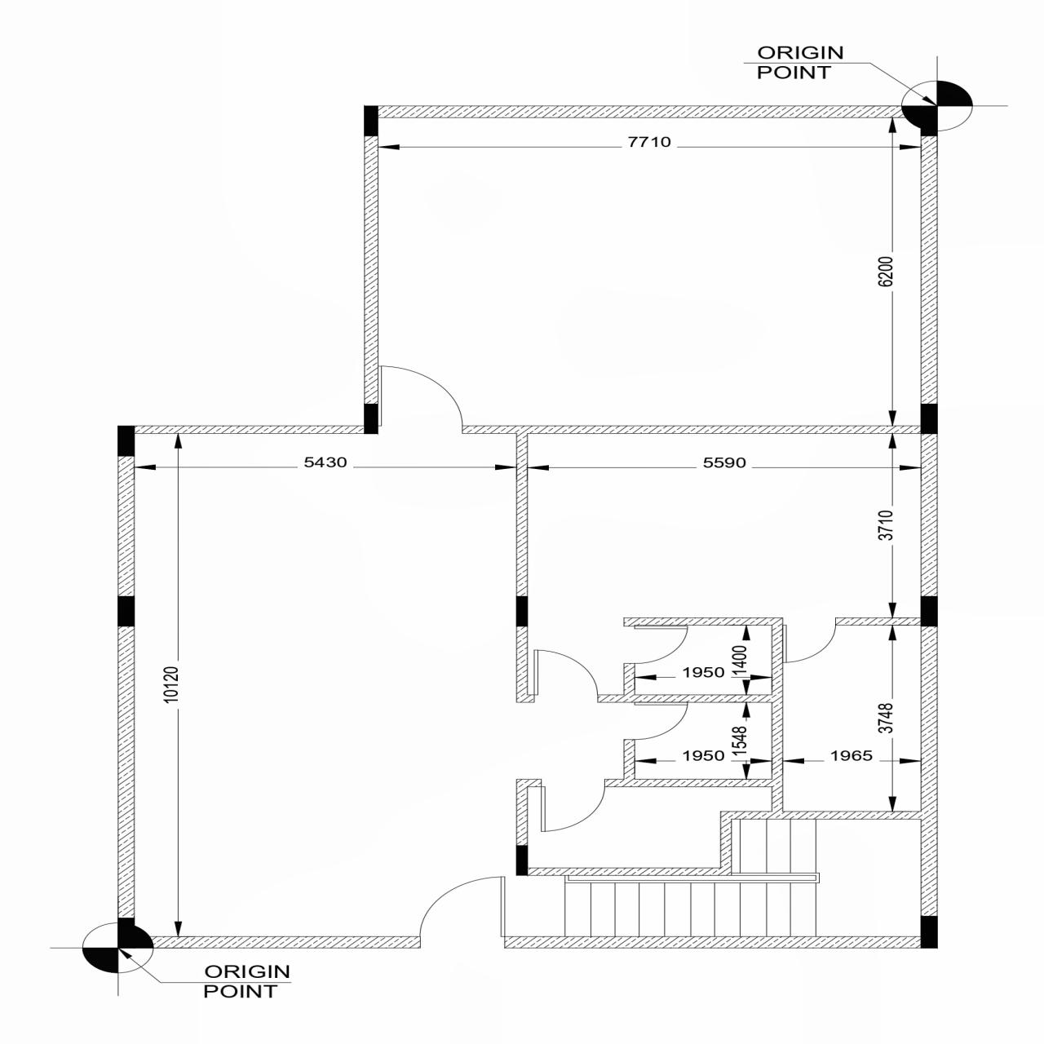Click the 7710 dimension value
649,142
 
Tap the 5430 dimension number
325,462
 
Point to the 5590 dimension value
724,462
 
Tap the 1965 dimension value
851,755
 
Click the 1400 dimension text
741,660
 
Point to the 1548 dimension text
741,741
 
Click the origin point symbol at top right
937,105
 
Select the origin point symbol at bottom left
118,948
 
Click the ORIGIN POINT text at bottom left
246,981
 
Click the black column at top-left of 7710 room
370,120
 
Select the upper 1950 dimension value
703,672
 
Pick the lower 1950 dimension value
703,755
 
